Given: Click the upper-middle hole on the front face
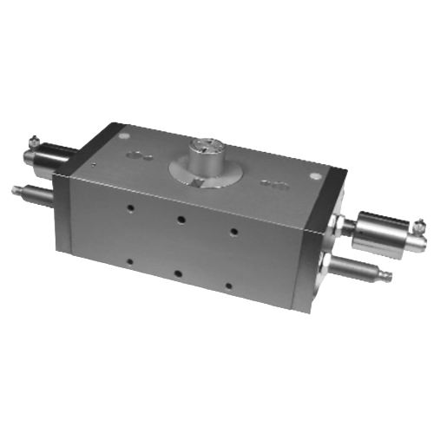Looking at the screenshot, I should [181, 219].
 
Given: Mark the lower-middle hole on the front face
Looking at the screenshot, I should [178, 273].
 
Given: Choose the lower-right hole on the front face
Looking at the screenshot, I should [228, 284].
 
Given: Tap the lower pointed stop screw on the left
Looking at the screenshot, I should [30, 193].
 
